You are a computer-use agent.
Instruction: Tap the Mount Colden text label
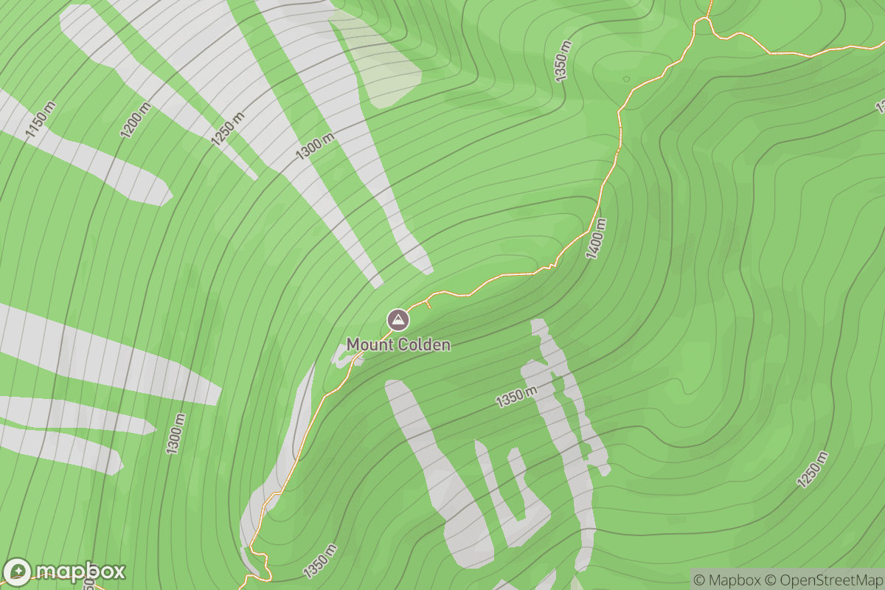click(x=398, y=344)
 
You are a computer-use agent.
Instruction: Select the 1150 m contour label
click(x=41, y=119)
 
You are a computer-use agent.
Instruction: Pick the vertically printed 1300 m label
click(x=176, y=434)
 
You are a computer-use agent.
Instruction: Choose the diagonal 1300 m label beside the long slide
click(x=315, y=144)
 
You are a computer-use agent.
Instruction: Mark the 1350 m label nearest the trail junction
click(x=563, y=61)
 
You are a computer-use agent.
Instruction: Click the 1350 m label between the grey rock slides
click(x=516, y=397)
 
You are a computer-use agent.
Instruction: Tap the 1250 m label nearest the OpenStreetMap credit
click(x=813, y=469)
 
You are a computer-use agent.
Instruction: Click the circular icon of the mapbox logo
click(x=18, y=572)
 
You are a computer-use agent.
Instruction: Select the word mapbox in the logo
click(x=80, y=572)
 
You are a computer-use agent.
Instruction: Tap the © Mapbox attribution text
click(x=726, y=579)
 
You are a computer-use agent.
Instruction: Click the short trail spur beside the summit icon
click(x=428, y=304)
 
